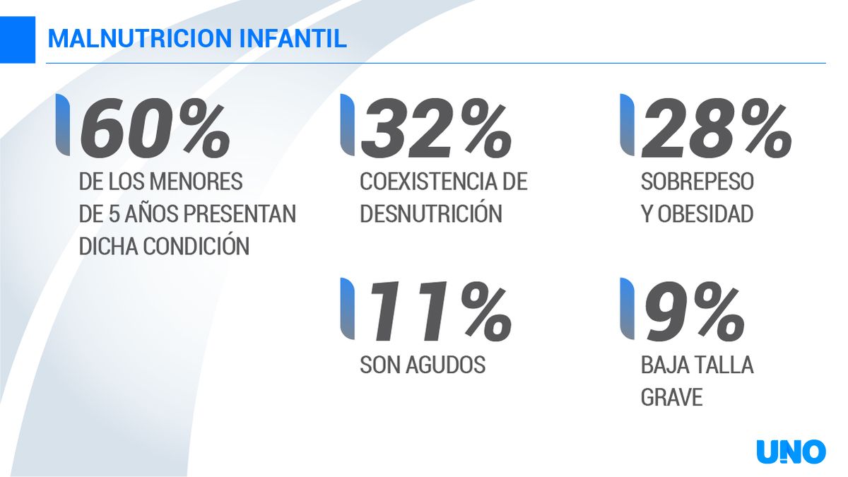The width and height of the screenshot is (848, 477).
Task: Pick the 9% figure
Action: [693, 311]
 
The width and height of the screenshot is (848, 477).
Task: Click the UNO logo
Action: [791, 452]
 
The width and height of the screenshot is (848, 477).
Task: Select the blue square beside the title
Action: [17, 39]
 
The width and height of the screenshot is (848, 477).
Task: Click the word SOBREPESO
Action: [697, 182]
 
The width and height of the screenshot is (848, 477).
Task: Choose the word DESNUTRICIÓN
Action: [430, 214]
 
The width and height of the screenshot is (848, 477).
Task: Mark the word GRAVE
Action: [671, 397]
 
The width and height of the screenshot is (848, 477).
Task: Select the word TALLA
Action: [725, 365]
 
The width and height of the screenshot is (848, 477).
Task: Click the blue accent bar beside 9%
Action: [625, 310]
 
